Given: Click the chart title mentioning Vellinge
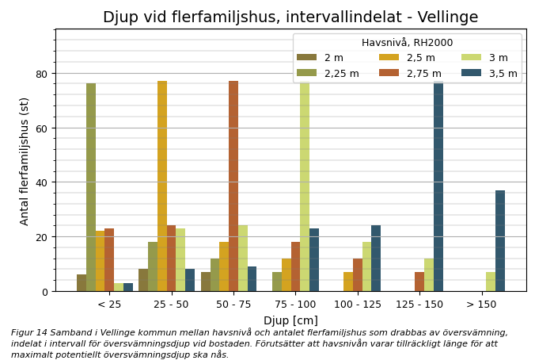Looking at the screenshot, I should [290, 17].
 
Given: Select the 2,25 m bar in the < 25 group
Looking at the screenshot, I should [91, 187].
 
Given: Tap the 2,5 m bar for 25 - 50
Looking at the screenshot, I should [162, 186].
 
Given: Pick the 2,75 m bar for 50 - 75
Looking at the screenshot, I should [233, 186].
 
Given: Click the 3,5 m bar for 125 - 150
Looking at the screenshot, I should [438, 186].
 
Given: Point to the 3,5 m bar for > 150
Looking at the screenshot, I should [500, 240].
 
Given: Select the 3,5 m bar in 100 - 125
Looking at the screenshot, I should [376, 258].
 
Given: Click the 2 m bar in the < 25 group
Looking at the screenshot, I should [82, 282].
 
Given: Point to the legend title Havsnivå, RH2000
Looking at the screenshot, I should [407, 43].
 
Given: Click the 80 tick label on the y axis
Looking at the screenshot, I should [40, 74].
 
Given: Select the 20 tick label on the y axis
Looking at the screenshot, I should [40, 237].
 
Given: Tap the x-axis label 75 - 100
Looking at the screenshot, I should [295, 305].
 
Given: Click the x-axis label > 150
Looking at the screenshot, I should [481, 305].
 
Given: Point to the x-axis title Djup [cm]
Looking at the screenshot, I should [290, 320].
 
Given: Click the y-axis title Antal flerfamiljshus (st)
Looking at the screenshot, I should [25, 161].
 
